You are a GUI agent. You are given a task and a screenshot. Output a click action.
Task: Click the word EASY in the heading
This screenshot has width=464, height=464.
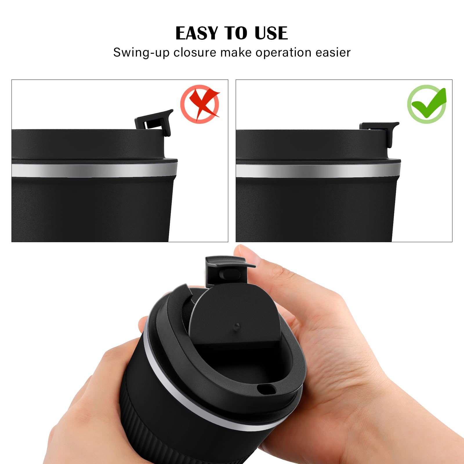coord(196,33)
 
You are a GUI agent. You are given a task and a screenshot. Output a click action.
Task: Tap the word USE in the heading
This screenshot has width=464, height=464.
coord(271,33)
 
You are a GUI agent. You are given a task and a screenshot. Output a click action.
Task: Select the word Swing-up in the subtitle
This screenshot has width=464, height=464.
coord(141,53)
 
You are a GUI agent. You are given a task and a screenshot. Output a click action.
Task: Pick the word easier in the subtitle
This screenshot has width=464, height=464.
coord(333,52)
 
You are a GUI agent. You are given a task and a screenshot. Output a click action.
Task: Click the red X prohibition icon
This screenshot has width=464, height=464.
coord(200,104)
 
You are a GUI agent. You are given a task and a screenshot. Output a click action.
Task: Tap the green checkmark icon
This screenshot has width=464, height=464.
coord(427,104)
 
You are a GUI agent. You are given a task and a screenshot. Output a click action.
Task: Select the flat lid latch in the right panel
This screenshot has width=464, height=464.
coord(378,129)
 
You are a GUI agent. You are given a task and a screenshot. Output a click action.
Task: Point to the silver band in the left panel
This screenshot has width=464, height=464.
coord(93,171)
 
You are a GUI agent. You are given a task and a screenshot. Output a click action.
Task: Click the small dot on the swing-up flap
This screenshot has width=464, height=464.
coord(237,325)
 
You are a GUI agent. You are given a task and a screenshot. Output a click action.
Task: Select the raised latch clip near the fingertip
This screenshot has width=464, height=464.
coord(226,270)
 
